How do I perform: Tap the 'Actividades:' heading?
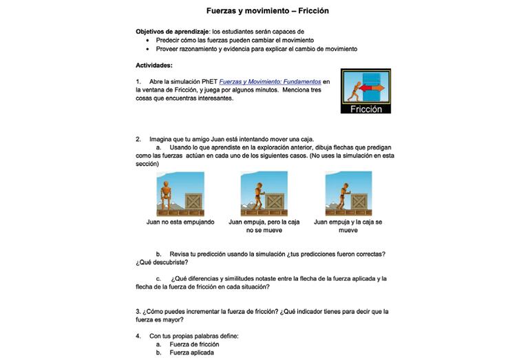[x=155, y=65]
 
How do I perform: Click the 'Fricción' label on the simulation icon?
[x=365, y=109]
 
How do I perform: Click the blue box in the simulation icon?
[x=371, y=78]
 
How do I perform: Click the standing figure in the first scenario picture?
[x=167, y=196]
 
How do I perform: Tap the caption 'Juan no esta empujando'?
[x=180, y=222]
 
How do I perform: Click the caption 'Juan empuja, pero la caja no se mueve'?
[x=264, y=226]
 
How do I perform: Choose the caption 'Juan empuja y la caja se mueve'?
[x=348, y=226]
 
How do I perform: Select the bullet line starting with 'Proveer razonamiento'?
[x=256, y=49]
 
